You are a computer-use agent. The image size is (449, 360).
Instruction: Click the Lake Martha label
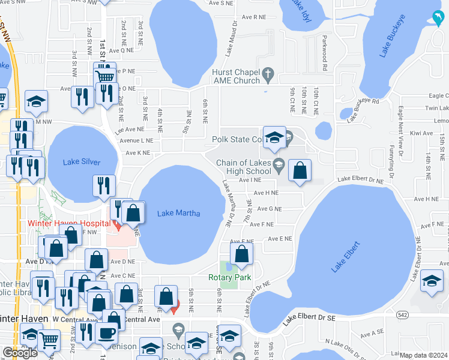pyautogui.click(x=178, y=213)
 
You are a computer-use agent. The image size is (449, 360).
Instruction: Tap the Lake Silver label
pyautogui.click(x=82, y=162)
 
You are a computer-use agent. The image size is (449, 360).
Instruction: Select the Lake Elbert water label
pyautogui.click(x=346, y=257)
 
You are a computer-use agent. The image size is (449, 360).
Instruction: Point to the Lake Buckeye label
pyautogui.click(x=393, y=40)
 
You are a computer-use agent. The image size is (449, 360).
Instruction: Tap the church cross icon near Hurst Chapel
pyautogui.click(x=268, y=76)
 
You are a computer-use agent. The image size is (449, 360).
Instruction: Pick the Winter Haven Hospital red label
pyautogui.click(x=68, y=223)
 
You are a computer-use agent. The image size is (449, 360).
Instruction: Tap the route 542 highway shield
pyautogui.click(x=403, y=314)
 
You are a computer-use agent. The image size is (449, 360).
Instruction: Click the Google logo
pyautogui.click(x=20, y=353)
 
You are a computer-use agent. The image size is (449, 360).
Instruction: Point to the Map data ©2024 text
pyautogui.click(x=423, y=355)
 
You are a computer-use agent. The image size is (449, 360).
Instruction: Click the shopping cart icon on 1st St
pyautogui.click(x=105, y=76)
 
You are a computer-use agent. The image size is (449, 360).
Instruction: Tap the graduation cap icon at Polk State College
pyautogui.click(x=274, y=137)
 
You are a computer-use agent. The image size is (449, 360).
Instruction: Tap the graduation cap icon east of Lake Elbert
pyautogui.click(x=432, y=281)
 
